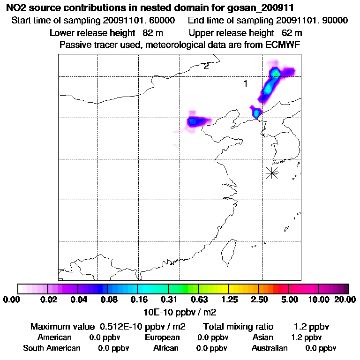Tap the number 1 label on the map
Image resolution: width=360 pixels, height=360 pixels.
(245, 83)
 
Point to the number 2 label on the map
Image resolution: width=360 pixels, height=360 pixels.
(206, 66)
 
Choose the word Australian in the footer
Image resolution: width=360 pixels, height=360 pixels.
(270, 348)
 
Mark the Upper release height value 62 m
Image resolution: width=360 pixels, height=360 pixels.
(292, 33)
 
